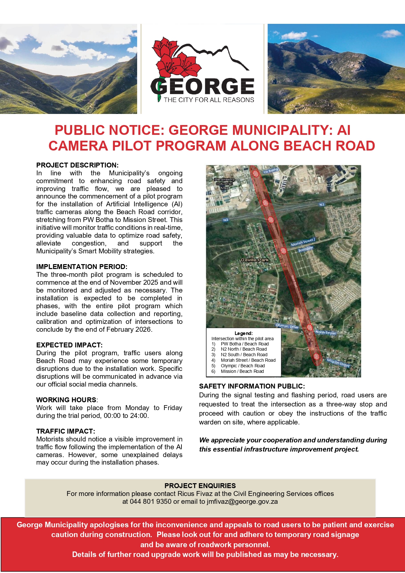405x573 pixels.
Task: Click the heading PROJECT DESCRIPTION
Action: pos(77,165)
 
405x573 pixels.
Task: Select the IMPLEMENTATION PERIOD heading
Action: pos(82,267)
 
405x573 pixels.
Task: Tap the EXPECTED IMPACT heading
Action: pos(69,345)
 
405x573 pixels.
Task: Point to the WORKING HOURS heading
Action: pos(66,400)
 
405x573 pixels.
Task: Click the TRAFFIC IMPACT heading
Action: pos(66,431)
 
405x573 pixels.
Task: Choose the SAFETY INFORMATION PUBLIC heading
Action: pos(252,386)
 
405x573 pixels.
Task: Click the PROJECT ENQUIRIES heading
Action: pos(200,486)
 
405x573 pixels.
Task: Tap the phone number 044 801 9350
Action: pos(150,502)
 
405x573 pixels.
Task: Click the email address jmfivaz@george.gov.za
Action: pos(242,502)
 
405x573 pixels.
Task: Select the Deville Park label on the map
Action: pos(255,260)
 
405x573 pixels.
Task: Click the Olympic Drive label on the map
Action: pos(287,326)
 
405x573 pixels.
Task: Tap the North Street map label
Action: pos(325,332)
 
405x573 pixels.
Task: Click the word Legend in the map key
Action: pos(243,333)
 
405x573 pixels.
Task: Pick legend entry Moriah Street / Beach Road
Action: pos(248,360)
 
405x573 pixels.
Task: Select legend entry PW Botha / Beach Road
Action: pos(245,344)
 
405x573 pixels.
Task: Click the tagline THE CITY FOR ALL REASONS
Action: pos(209,100)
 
